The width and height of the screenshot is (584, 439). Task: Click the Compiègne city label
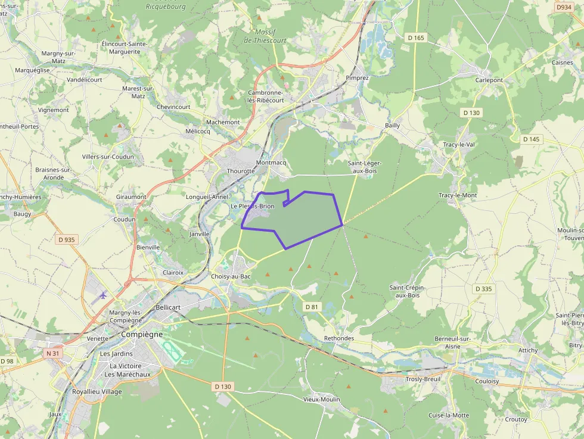point(141,335)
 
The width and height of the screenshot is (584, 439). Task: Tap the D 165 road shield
point(416,38)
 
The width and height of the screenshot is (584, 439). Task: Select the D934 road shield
point(563,7)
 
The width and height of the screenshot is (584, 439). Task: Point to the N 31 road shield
point(53,353)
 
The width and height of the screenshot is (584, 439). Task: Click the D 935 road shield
point(67,239)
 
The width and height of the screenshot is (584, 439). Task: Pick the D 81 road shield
point(312,307)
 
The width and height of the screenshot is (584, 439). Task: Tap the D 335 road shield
point(484,289)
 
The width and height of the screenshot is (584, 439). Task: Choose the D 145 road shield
point(531,139)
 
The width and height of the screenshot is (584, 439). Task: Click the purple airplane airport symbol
point(103,295)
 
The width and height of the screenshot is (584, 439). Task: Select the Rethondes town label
point(339,338)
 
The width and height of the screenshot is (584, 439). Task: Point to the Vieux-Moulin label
point(321,399)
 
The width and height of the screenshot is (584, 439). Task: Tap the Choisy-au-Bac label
point(231,276)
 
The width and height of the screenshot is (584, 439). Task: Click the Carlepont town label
point(489,80)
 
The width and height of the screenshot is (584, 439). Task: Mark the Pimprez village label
point(358,78)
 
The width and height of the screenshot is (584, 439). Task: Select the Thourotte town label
point(241,171)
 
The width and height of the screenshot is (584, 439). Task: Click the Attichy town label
point(528,350)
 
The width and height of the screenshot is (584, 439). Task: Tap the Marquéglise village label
point(32,70)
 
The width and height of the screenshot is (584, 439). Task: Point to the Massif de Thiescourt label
point(265,36)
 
